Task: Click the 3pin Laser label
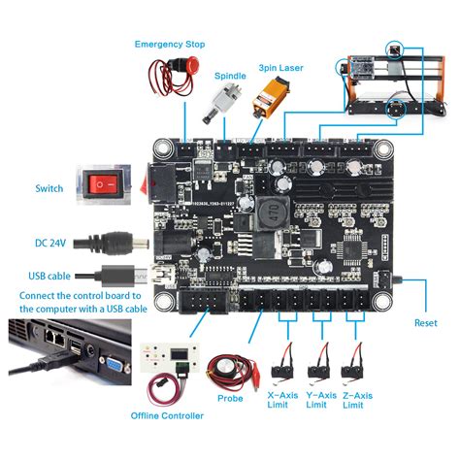click(280, 68)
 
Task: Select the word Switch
click(49, 188)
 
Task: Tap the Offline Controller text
click(168, 416)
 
